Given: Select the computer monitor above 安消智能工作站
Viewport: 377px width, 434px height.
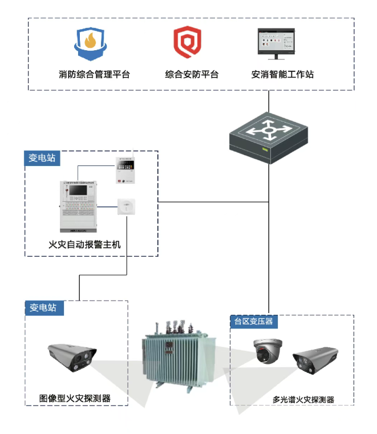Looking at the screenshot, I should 277,43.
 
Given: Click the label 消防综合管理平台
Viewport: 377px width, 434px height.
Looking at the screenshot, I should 94,74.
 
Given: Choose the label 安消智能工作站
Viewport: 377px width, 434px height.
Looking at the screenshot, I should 282,74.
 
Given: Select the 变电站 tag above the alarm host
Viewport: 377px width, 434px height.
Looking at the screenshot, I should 42,158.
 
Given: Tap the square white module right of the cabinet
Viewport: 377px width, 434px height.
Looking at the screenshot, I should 126,207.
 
